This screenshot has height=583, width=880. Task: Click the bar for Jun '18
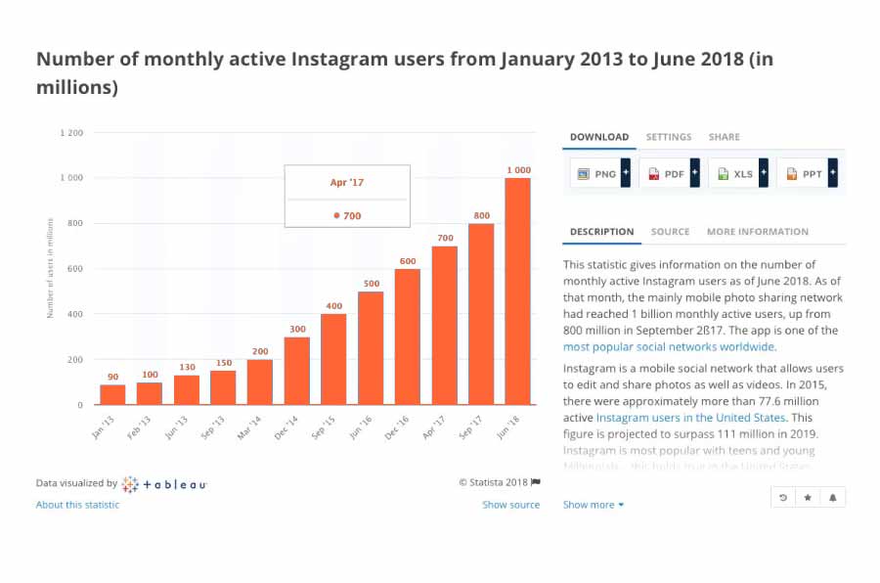click(x=518, y=291)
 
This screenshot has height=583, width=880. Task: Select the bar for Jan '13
click(x=112, y=394)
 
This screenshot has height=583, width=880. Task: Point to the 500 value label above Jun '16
click(x=371, y=284)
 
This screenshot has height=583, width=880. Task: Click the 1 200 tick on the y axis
click(x=71, y=133)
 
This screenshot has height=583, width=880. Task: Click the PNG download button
click(x=597, y=174)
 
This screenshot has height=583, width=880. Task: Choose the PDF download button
click(x=667, y=174)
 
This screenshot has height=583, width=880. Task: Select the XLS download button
click(x=736, y=174)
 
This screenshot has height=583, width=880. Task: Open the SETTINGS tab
click(x=669, y=137)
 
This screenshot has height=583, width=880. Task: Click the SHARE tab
click(x=725, y=137)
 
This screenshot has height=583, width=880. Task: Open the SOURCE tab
click(x=670, y=232)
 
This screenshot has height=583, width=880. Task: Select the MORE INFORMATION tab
click(x=758, y=232)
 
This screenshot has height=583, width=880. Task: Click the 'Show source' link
click(x=510, y=505)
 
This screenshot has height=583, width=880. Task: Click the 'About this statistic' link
click(x=77, y=505)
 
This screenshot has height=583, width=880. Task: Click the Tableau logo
click(x=164, y=484)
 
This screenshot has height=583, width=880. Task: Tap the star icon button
click(x=808, y=498)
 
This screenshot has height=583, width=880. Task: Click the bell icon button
click(x=833, y=498)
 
